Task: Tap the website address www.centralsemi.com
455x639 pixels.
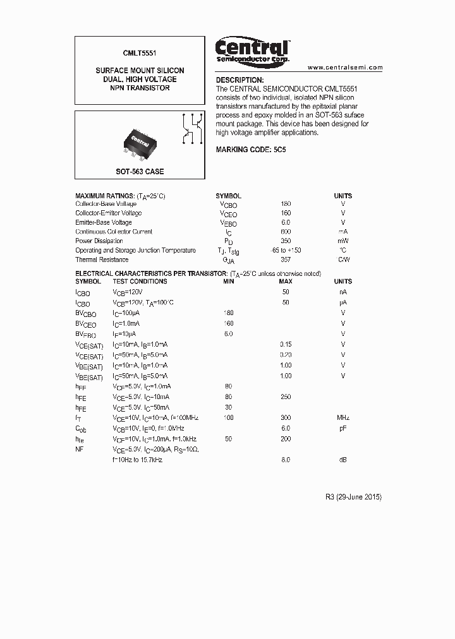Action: [x=345, y=67]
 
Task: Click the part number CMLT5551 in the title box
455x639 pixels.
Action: [x=140, y=55]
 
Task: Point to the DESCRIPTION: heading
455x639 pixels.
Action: [x=240, y=80]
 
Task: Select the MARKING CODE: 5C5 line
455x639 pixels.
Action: [x=251, y=150]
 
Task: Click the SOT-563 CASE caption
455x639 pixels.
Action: [x=140, y=172]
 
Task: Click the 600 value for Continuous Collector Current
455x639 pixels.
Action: [x=286, y=232]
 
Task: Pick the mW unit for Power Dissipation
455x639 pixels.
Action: [x=343, y=241]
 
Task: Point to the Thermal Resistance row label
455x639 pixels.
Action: [x=102, y=260]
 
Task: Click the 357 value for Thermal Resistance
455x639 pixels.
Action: [x=286, y=260]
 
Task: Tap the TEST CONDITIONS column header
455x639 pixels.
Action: [x=140, y=281]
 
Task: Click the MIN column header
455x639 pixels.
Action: [x=228, y=281]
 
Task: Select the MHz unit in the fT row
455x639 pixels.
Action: [x=343, y=418]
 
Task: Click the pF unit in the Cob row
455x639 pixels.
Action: [x=343, y=427]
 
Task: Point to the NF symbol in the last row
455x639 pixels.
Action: [x=80, y=449]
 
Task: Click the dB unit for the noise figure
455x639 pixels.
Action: [x=343, y=460]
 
